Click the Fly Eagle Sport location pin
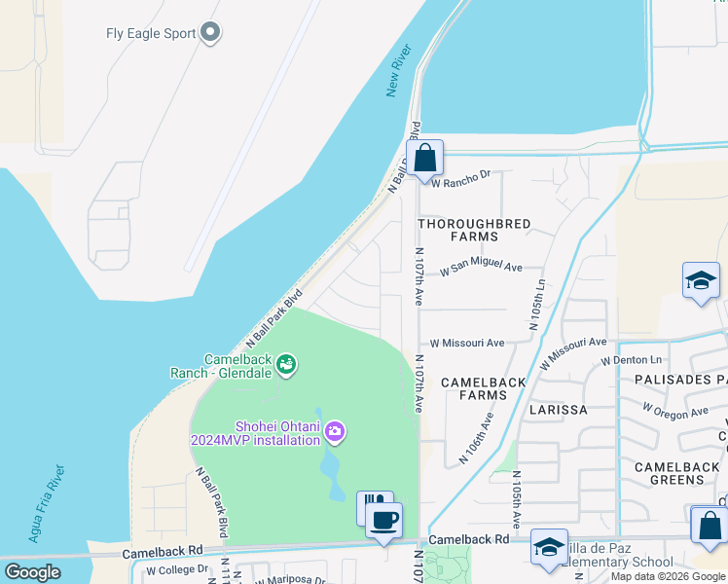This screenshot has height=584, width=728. [x=210, y=33]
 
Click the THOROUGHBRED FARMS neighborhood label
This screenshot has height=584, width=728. [x=474, y=230]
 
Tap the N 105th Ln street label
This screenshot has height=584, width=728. [x=538, y=305]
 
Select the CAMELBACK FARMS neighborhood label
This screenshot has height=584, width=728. [x=484, y=388]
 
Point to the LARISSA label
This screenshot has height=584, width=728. [x=559, y=410]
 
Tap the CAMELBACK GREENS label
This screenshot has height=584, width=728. [x=676, y=473]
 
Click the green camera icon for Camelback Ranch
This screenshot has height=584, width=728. [x=286, y=365]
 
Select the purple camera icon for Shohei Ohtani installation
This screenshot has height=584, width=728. [x=335, y=430]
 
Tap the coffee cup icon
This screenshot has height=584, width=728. [x=384, y=520]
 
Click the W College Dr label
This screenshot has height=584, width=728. [x=177, y=569]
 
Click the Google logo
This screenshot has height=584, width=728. [x=33, y=572]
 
